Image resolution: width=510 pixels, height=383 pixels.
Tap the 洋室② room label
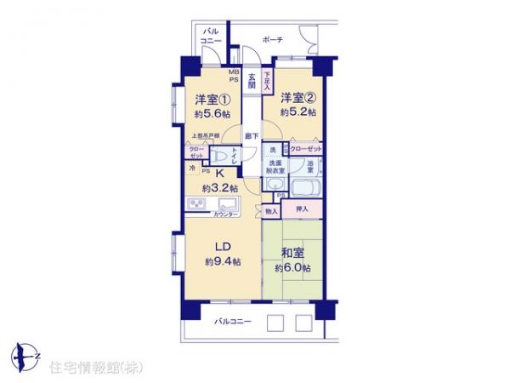tap(298, 97)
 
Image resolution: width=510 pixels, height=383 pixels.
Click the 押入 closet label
tap(302, 209)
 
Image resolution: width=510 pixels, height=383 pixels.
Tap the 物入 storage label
tap(271, 209)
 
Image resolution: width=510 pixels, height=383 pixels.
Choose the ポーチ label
tap(273, 40)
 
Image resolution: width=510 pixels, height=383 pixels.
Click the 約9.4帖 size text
tap(223, 262)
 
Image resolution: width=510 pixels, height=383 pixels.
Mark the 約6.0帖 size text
tap(291, 268)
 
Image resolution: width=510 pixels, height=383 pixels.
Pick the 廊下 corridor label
tap(252, 134)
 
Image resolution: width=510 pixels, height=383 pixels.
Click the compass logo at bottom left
tap(25, 355)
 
